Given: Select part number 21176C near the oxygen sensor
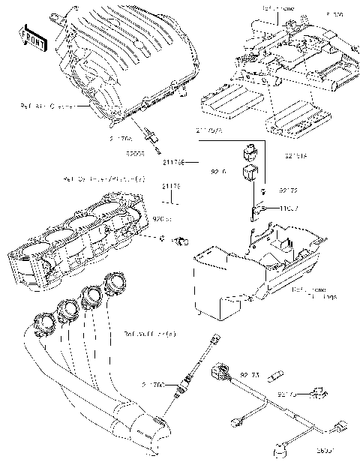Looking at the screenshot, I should [x=153, y=384].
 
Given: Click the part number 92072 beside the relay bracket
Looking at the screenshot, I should [x=289, y=191].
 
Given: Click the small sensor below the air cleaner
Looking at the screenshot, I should [x=154, y=136].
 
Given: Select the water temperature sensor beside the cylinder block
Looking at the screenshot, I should [x=181, y=241].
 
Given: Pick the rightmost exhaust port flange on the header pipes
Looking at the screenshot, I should [x=116, y=284].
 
